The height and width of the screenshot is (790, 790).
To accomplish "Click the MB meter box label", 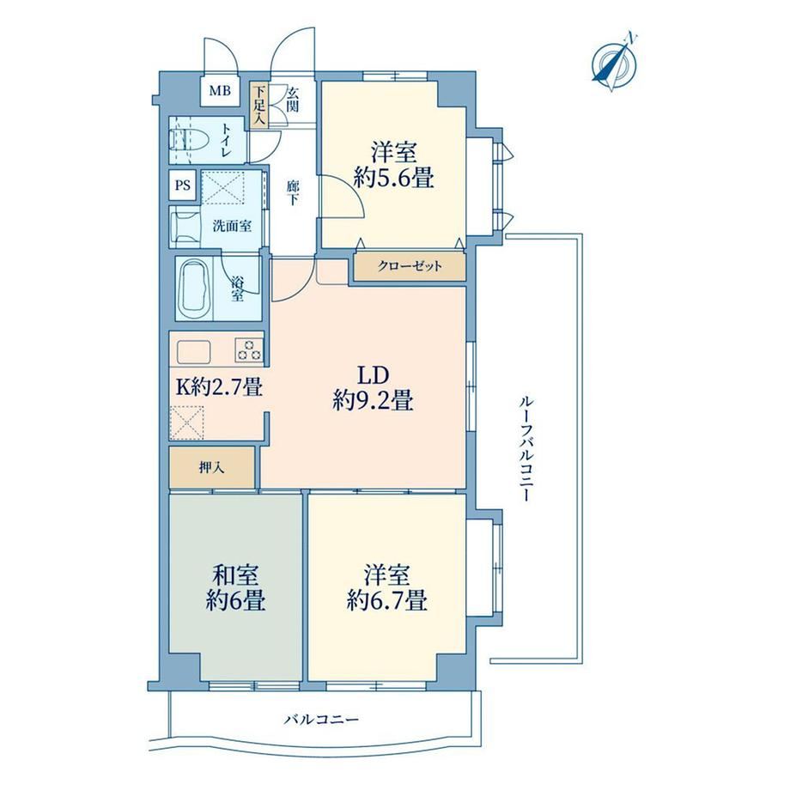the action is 220,91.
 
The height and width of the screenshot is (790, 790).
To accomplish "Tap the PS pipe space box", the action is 183,185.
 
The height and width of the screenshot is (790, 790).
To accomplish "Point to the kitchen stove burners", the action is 249,349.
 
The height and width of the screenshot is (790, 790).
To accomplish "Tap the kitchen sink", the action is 193,352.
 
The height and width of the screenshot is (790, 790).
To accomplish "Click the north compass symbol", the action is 614,63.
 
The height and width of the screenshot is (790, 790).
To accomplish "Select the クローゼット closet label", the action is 410,266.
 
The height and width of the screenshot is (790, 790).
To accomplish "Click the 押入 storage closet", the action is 211,467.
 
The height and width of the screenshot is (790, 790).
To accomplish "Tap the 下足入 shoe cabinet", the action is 259,106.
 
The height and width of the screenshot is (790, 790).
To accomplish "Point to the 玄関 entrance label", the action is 293,100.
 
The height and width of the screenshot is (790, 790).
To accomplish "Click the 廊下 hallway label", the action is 293,193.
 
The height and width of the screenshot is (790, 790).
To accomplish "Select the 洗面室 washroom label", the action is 232,226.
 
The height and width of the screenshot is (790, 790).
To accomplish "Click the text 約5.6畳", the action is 393,178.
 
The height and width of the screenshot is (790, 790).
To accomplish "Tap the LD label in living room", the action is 374,376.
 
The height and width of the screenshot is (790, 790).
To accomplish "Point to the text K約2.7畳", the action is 219,387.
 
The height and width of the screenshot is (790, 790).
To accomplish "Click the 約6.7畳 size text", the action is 387,600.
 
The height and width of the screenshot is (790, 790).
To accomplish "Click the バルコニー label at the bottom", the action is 321,719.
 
